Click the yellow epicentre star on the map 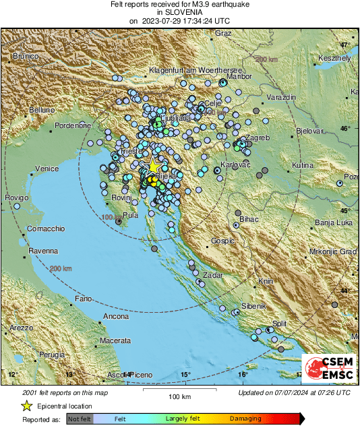[x=154, y=165]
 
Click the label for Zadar [x=212, y=275]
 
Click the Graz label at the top [x=223, y=33]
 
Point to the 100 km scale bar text [x=179, y=396]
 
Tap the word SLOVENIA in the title [x=179, y=13]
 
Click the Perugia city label [x=51, y=354]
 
